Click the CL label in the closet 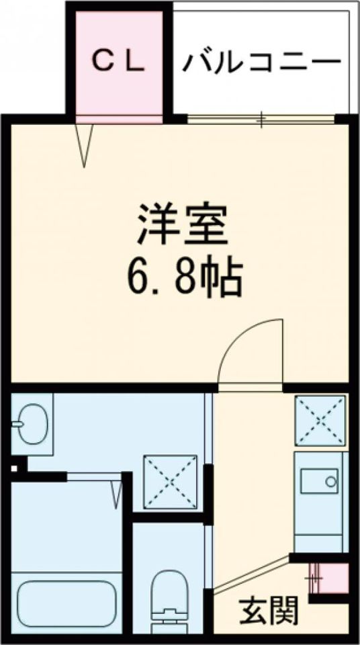tap(118, 62)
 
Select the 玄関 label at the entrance tap(269, 611)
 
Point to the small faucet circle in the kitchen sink tap(329, 481)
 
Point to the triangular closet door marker tap(84, 144)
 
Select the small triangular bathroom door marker tap(117, 493)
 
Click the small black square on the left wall tap(15, 466)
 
